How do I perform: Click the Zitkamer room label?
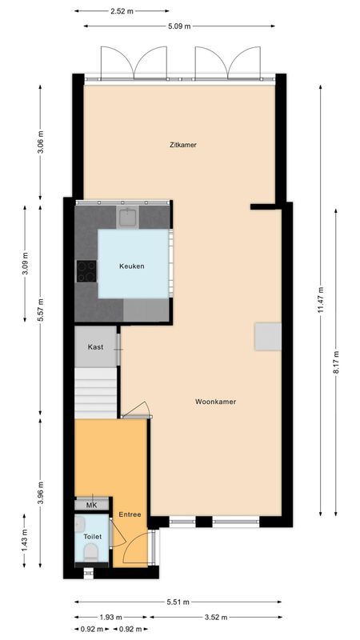pos(182,145)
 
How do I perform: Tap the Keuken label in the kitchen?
pos(132,266)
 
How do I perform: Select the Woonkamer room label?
pos(215,402)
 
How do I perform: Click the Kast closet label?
pos(95,348)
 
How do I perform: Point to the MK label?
pos(91,506)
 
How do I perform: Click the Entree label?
pos(130,514)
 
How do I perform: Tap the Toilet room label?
pos(90,536)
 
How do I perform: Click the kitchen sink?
pos(129,217)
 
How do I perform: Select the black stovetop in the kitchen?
pos(86,272)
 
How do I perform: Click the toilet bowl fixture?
pos(90,552)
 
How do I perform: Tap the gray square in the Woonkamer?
pos(268,336)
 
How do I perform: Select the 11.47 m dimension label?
pos(320,300)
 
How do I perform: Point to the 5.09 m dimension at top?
pos(179,26)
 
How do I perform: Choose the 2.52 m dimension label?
pos(122,11)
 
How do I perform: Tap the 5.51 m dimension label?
pos(178,601)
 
